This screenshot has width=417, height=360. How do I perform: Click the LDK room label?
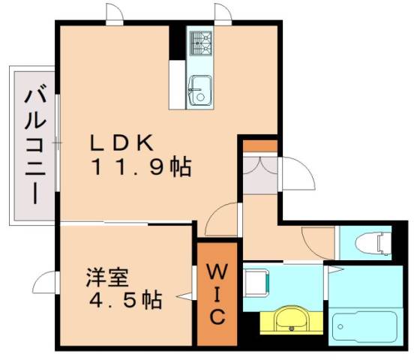coord(124,142)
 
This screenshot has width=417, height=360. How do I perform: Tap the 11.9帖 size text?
coord(140,166)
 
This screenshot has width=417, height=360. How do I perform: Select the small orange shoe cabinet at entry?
coord(259,145)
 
